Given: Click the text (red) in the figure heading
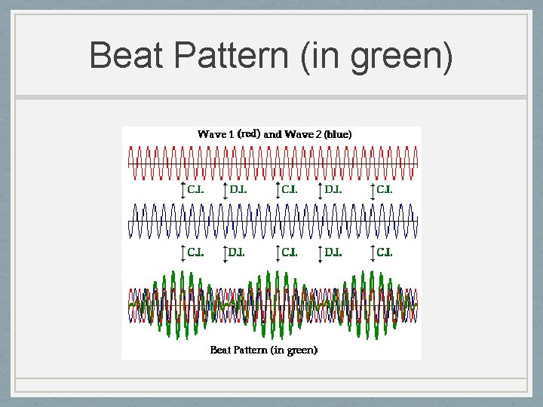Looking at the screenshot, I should tap(249, 133).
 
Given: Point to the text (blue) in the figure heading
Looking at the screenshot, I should tap(337, 134).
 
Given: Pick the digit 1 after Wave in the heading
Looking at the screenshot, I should tap(230, 134).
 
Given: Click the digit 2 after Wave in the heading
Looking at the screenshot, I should tap(319, 134).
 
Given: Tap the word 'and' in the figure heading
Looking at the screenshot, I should tap(272, 134).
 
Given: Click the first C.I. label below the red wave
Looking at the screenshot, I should tap(195, 190).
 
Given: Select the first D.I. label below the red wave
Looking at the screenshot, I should tap(238, 190).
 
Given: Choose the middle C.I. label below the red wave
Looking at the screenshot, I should tap(290, 190).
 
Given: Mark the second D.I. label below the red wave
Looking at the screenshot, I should tap(333, 190).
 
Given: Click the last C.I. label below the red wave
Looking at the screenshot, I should tap(385, 190).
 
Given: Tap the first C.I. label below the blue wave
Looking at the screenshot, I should tap(195, 252).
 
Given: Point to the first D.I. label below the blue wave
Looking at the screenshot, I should tap(238, 252).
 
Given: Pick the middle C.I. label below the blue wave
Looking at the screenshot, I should tap(290, 252).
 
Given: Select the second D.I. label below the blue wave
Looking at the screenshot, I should tap(333, 252).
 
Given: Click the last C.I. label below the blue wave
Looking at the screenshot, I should tap(385, 252).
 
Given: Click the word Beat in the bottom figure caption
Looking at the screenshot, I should tap(221, 350).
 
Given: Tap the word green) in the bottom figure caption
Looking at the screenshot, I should tap(303, 350).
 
